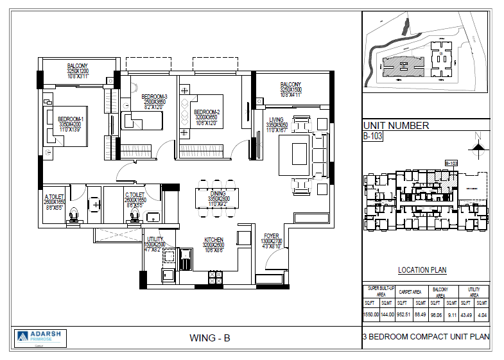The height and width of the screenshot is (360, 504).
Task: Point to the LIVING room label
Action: pyautogui.click(x=276, y=120)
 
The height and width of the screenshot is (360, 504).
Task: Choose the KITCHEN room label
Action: pyautogui.click(x=213, y=239)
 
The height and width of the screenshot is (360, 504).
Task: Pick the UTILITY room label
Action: pyautogui.click(x=155, y=239)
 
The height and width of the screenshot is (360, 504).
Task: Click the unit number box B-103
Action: pyautogui.click(x=373, y=136)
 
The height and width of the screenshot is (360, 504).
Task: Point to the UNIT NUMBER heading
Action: pyautogui.click(x=395, y=126)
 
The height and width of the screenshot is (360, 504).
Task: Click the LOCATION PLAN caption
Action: pyautogui.click(x=422, y=270)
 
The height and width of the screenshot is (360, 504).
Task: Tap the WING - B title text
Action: pyautogui.click(x=210, y=338)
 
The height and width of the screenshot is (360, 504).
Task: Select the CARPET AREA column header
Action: pyautogui.click(x=410, y=291)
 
